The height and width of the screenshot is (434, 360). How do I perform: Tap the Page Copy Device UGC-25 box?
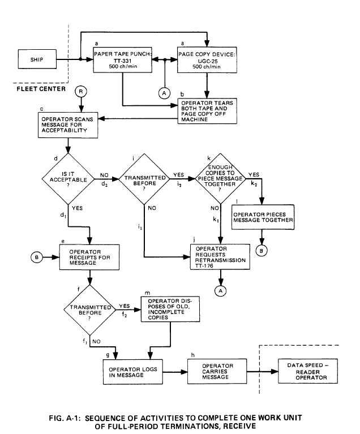point(208,59)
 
